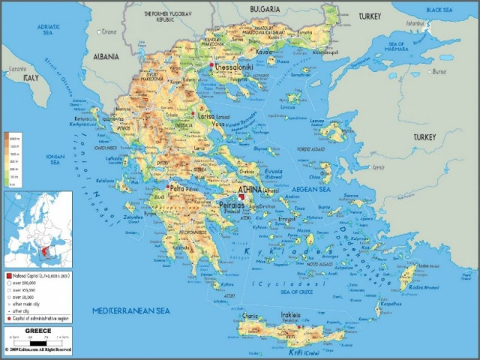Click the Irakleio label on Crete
(291, 315)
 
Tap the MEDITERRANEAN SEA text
(130, 310)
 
